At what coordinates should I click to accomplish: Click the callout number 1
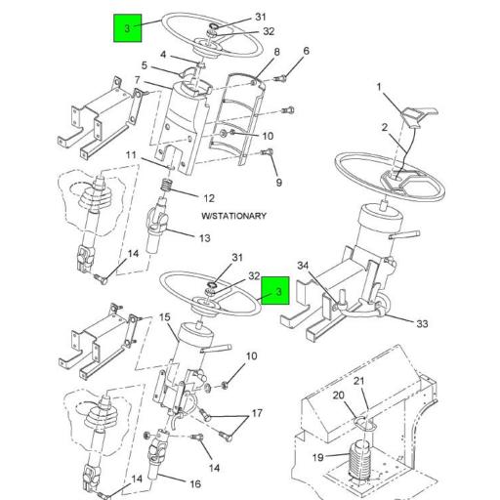pyautogui.click(x=379, y=88)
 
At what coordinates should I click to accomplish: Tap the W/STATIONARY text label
pyautogui.click(x=233, y=215)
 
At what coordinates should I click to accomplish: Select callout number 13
pyautogui.click(x=204, y=237)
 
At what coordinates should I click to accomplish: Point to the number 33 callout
pyautogui.click(x=422, y=324)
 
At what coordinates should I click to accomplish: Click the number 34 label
pyautogui.click(x=303, y=266)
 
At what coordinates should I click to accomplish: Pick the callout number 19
pyautogui.click(x=318, y=457)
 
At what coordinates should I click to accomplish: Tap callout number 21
pyautogui.click(x=358, y=381)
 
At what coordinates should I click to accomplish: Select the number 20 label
pyautogui.click(x=339, y=396)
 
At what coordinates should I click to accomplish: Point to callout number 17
pyautogui.click(x=258, y=414)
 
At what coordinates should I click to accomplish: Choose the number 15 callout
pyautogui.click(x=165, y=317)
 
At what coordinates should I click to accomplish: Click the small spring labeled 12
pyautogui.click(x=168, y=183)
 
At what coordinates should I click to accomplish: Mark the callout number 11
pyautogui.click(x=131, y=155)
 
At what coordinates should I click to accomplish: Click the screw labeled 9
pyautogui.click(x=269, y=153)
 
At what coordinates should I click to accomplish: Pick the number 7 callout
pyautogui.click(x=137, y=80)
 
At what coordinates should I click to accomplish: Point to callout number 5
pyautogui.click(x=144, y=65)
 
